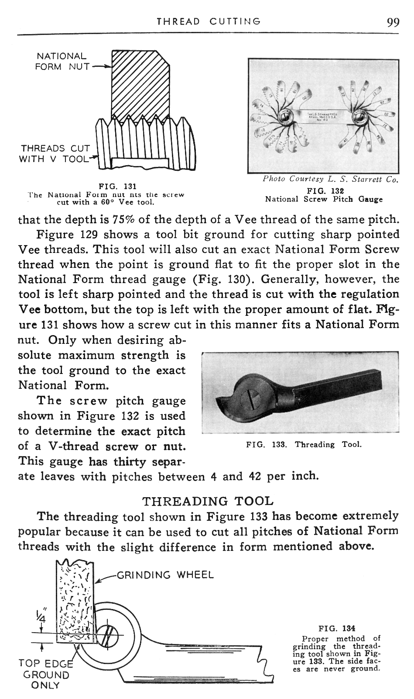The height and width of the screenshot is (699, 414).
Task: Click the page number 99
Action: click(393, 22)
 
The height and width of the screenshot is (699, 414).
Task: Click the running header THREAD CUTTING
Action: click(209, 21)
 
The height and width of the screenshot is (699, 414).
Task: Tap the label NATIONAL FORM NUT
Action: click(62, 62)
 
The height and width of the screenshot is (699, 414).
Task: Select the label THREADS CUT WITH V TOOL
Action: click(54, 154)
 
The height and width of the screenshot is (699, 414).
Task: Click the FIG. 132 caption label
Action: click(324, 191)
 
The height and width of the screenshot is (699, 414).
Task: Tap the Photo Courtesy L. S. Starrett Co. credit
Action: click(331, 179)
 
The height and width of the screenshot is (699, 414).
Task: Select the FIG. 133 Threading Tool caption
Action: click(304, 445)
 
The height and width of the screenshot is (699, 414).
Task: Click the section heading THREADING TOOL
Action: click(209, 501)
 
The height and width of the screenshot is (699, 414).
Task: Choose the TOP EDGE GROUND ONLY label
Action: click(44, 674)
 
